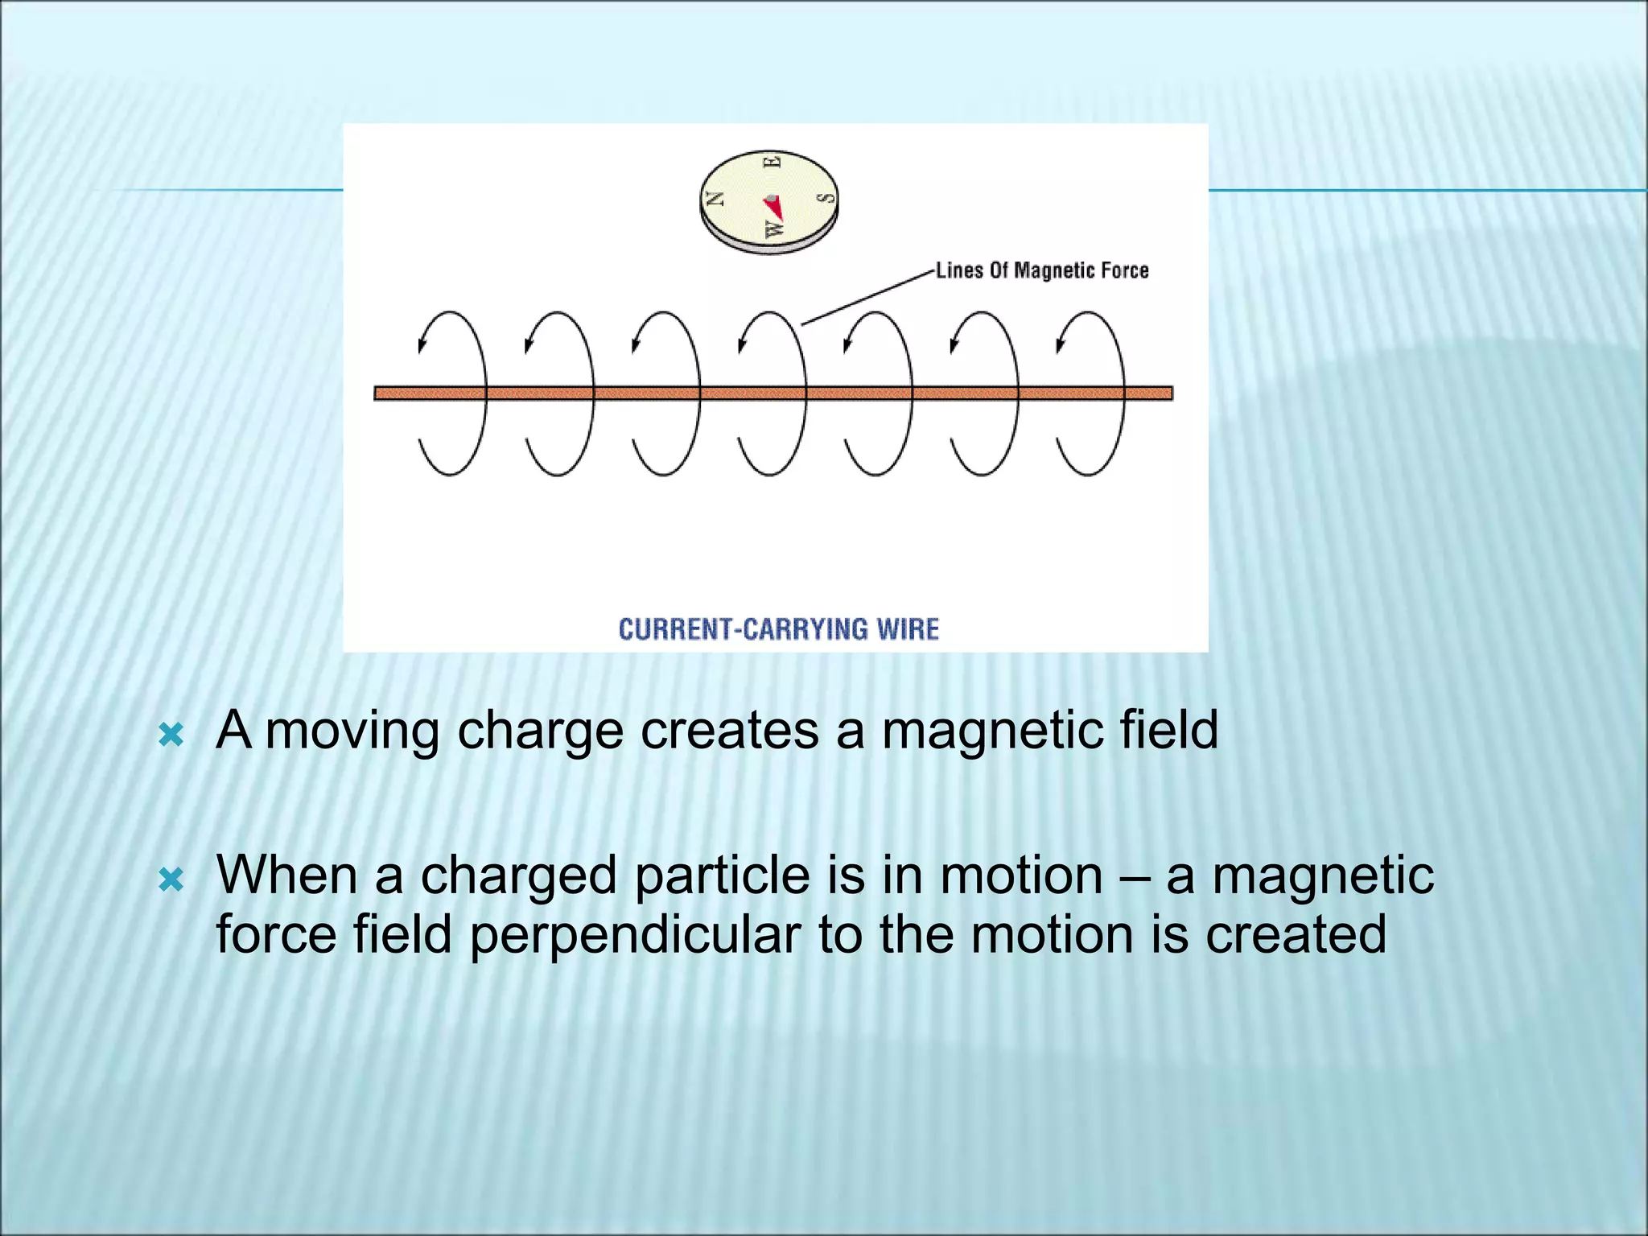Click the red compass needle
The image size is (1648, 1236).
click(774, 208)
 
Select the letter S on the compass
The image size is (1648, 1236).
click(824, 198)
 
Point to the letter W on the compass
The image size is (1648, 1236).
click(773, 230)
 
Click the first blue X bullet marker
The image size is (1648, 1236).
click(171, 734)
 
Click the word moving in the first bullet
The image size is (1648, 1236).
click(352, 731)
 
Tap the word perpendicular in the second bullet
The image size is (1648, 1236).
click(636, 935)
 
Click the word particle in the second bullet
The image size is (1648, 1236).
click(722, 875)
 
